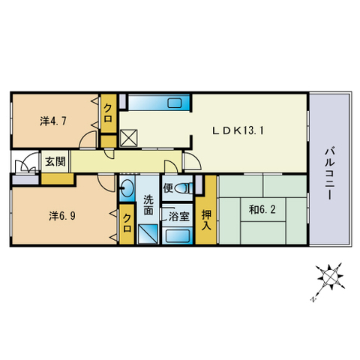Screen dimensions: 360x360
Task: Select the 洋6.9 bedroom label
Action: pyautogui.click(x=61, y=215)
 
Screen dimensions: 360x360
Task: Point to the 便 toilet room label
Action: pyautogui.click(x=170, y=187)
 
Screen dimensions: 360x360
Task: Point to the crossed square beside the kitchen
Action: pyautogui.click(x=129, y=138)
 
